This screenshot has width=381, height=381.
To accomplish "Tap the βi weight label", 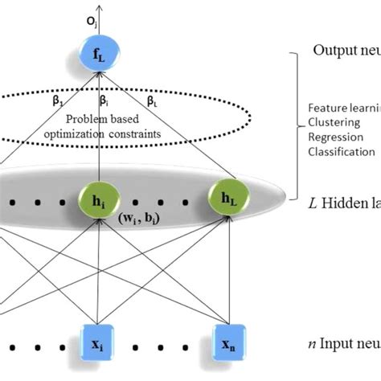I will pos(105,102).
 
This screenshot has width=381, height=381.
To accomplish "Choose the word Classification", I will pos(341,151).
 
